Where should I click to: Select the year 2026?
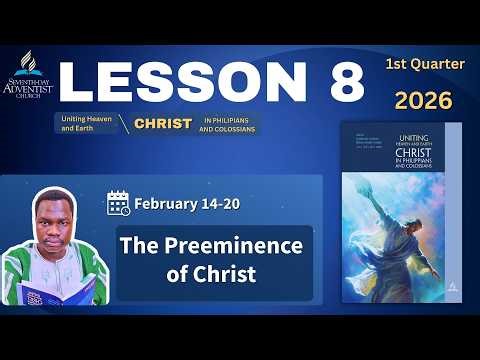point(422,100)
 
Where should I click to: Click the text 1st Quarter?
point(425,64)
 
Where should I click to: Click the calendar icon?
point(119,204)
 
